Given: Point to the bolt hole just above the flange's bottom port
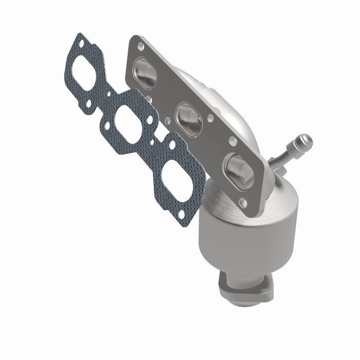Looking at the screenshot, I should [x=232, y=140].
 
